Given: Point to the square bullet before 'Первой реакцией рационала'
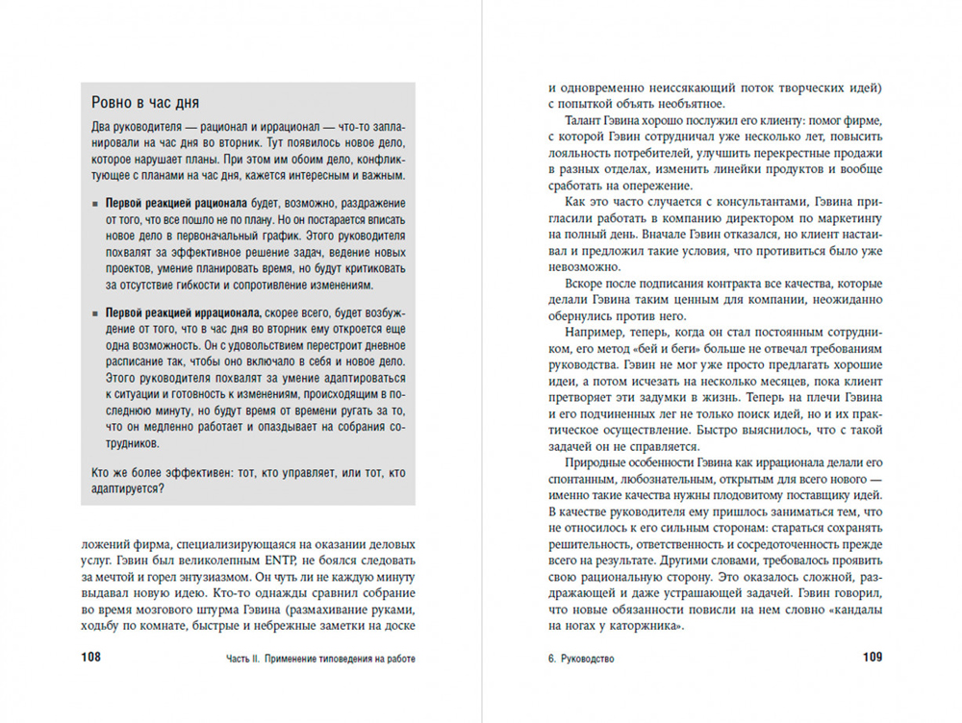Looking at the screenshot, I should click(x=94, y=206).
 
